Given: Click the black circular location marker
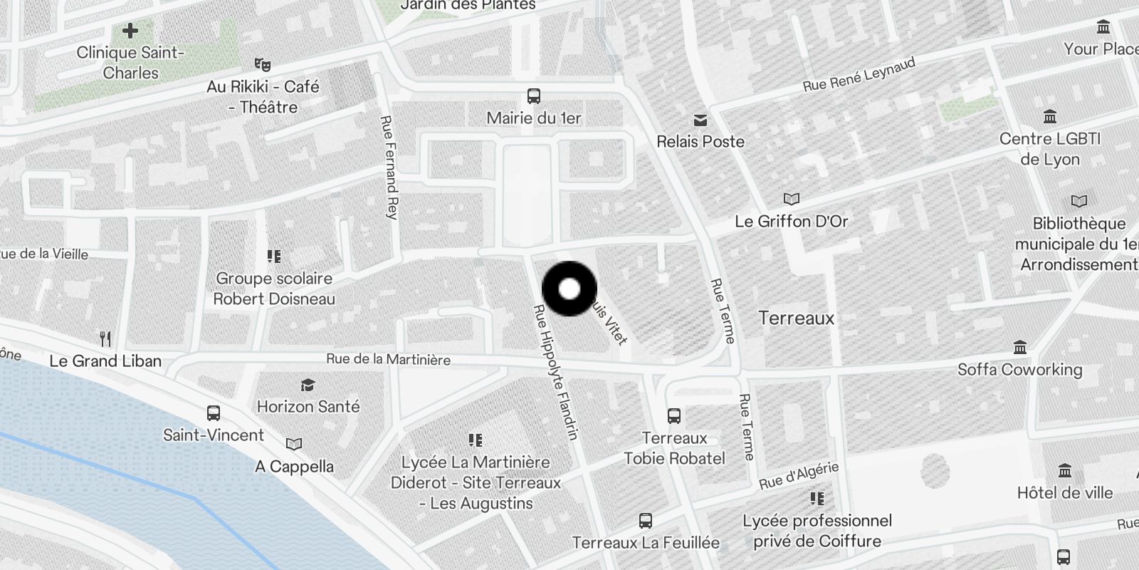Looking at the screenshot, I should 569,289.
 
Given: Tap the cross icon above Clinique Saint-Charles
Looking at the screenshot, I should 130,31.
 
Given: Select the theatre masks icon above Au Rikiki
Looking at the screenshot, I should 262,65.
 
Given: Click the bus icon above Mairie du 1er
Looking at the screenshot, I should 533,96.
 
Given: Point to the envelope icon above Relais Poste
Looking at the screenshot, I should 700,120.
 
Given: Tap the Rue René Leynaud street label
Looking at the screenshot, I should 859,75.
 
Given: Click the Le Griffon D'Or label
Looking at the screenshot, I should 791,222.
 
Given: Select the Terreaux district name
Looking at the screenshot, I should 796,318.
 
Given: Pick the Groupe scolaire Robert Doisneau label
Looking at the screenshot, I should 274,289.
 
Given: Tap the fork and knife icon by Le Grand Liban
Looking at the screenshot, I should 105,338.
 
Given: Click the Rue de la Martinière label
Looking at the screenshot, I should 388,359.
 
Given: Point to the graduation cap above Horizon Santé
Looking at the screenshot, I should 308,385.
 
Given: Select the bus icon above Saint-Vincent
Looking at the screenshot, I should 213,413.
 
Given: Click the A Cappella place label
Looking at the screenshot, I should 294,467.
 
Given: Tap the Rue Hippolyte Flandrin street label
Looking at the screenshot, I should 556,372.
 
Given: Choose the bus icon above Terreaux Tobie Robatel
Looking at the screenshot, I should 673,416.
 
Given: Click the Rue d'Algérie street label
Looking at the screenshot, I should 799,476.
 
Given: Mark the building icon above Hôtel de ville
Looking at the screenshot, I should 1064,471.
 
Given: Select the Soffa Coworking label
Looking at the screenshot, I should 1019,369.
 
